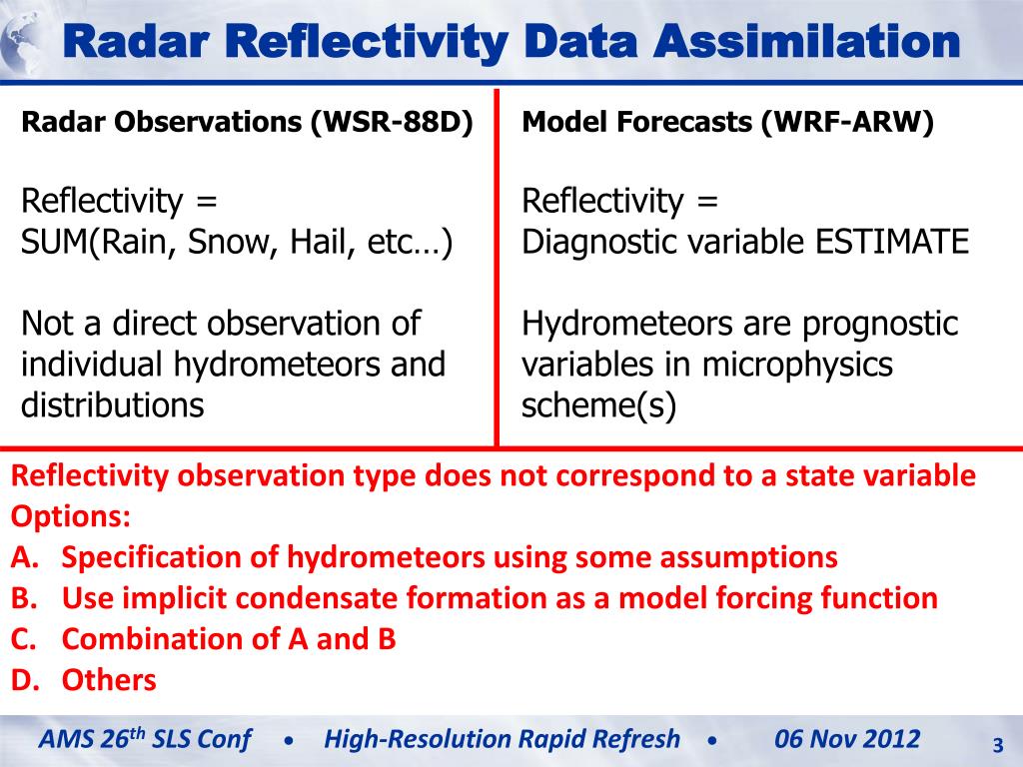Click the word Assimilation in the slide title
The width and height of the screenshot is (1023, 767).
tap(807, 41)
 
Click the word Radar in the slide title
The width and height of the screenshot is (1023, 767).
tap(136, 41)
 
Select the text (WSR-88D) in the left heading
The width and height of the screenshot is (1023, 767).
tap(392, 122)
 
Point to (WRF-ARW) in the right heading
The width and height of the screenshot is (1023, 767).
tap(847, 122)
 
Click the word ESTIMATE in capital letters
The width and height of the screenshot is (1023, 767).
tap(892, 242)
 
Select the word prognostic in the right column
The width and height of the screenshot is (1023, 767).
tap(879, 325)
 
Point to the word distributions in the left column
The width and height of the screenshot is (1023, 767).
tap(112, 405)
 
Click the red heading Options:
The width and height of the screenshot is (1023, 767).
tap(71, 516)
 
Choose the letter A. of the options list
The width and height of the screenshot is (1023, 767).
tap(25, 557)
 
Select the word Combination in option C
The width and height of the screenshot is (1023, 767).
tap(171, 639)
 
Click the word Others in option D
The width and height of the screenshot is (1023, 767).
tap(109, 680)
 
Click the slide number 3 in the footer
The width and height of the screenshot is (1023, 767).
tap(998, 745)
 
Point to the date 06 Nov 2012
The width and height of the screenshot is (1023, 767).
tap(847, 739)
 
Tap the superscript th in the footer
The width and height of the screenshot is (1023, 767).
tap(137, 732)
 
